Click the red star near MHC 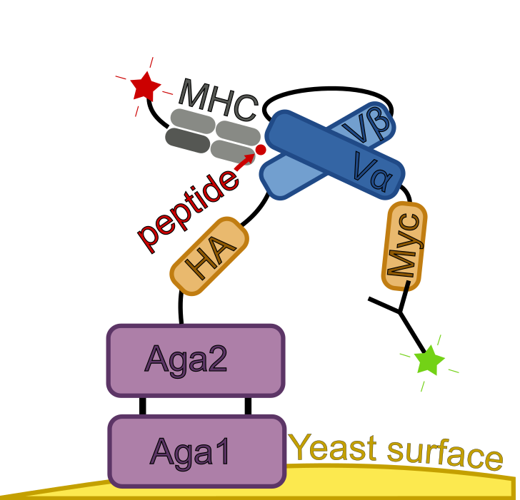[x=146, y=86]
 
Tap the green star [x=429, y=360]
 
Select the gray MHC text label [x=218, y=99]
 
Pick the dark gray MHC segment [x=188, y=141]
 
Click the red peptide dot [x=261, y=150]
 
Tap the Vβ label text [x=366, y=125]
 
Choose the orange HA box [x=209, y=256]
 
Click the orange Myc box [x=404, y=246]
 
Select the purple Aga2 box [x=196, y=359]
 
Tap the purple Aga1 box [x=197, y=451]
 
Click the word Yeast [x=333, y=448]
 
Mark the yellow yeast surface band [x=400, y=481]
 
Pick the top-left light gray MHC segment [x=192, y=121]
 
